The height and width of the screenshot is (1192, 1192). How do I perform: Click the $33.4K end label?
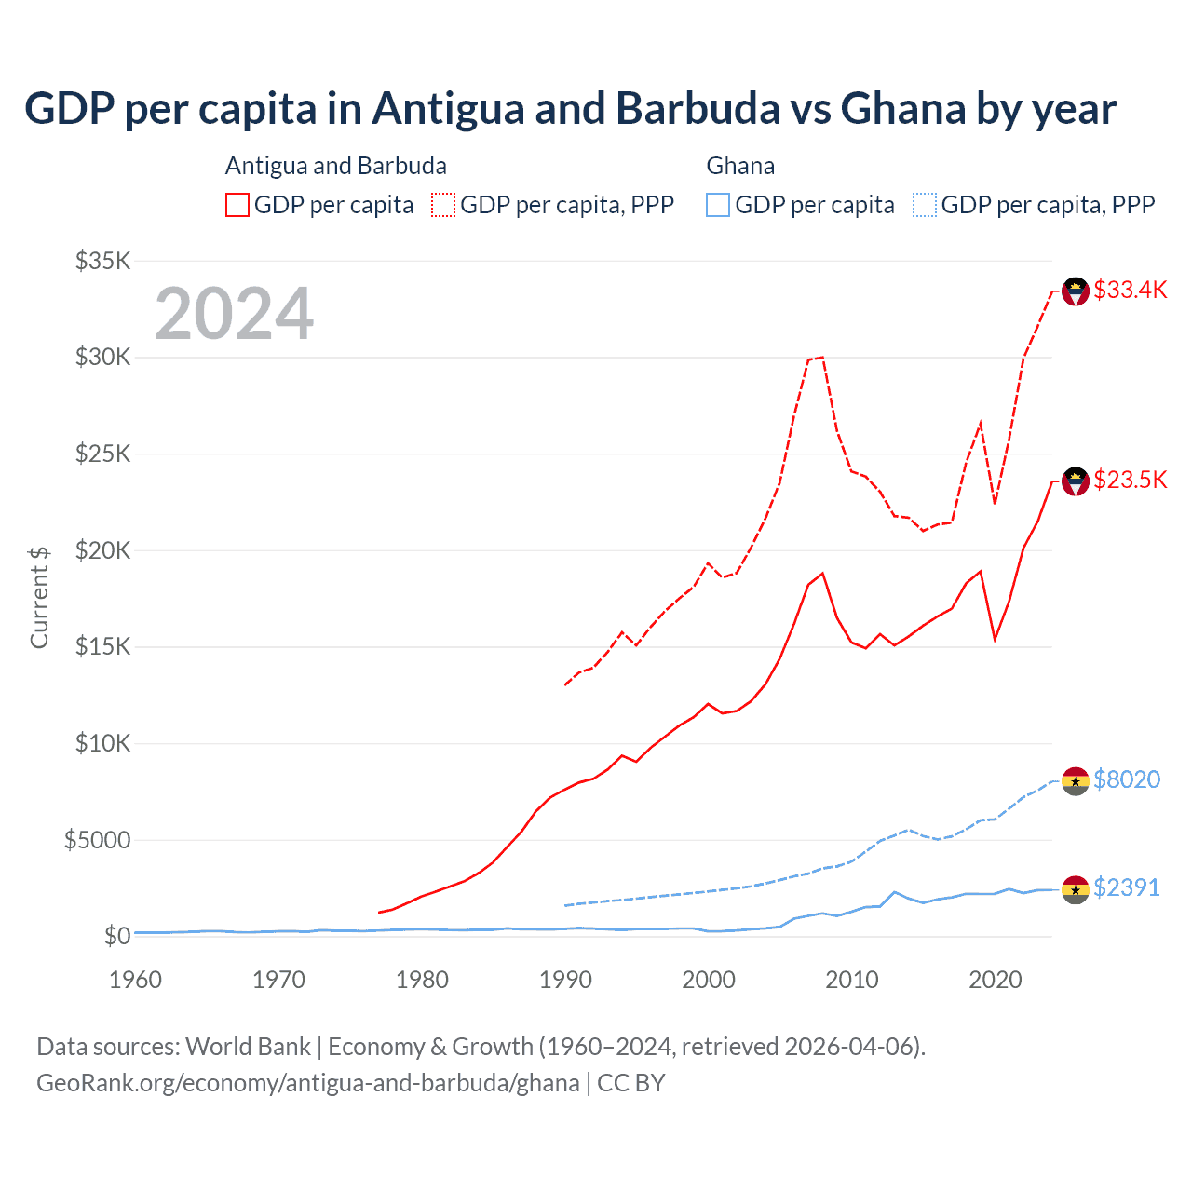tap(1130, 290)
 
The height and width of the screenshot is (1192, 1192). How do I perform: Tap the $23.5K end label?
tap(1130, 480)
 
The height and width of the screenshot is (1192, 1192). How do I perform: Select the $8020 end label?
tap(1127, 779)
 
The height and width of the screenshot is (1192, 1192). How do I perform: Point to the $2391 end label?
tap(1127, 887)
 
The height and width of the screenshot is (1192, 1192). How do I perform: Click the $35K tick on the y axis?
tap(102, 261)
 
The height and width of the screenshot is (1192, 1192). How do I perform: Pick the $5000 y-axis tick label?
tap(97, 840)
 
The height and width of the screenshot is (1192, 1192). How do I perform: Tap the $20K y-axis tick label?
tap(102, 550)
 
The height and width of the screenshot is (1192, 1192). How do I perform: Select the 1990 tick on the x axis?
tap(565, 980)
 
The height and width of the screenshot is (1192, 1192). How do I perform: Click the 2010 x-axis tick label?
tap(852, 980)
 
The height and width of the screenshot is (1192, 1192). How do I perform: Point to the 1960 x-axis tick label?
tap(135, 980)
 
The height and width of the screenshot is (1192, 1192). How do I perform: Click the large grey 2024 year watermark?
tap(234, 314)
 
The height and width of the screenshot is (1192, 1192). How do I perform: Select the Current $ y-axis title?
tap(39, 597)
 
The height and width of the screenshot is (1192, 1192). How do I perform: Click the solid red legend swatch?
tap(237, 205)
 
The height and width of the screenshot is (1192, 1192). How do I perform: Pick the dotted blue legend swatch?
tap(925, 205)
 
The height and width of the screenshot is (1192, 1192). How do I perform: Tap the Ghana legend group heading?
tap(740, 166)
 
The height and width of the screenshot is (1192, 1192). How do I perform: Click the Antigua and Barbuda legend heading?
tap(335, 166)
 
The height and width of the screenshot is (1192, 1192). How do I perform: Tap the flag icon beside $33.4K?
tap(1076, 291)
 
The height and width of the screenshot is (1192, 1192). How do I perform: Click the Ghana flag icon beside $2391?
tap(1076, 889)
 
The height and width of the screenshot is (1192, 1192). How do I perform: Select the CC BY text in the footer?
tap(630, 1083)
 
